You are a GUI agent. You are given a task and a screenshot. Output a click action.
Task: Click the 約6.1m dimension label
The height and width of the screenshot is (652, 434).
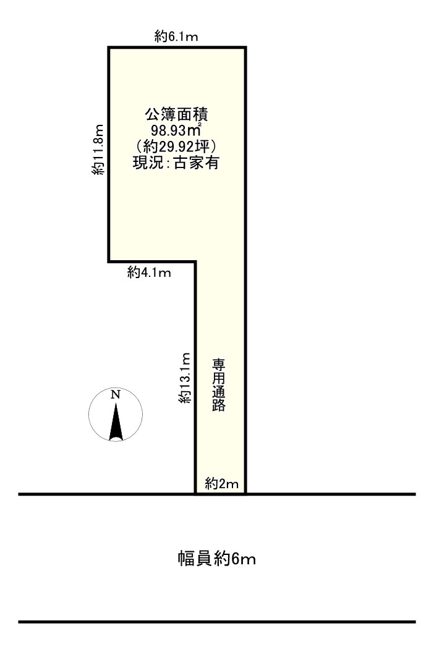click(x=176, y=36)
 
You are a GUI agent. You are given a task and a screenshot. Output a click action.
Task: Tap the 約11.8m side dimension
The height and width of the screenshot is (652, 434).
click(x=96, y=150)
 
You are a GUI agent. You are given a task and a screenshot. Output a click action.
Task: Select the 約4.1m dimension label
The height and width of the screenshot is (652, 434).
click(x=149, y=272)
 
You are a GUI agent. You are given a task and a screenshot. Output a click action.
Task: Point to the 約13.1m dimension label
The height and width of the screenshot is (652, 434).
click(x=184, y=378)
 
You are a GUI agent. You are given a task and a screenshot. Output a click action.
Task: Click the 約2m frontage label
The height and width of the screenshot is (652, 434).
click(x=221, y=484)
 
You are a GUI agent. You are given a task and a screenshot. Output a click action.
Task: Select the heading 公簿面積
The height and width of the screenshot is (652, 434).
click(x=177, y=115)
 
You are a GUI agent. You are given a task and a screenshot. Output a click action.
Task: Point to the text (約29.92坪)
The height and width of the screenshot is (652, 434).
click(x=177, y=147)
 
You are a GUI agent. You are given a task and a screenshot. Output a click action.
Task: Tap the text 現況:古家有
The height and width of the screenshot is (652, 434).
click(x=177, y=164)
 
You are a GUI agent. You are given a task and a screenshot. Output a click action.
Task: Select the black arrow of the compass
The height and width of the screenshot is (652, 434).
click(x=115, y=425)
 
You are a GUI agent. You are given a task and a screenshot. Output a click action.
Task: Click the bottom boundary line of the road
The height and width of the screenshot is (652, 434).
click(x=216, y=622)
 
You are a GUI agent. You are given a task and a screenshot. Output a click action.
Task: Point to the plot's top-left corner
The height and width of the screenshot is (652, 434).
click(x=109, y=48)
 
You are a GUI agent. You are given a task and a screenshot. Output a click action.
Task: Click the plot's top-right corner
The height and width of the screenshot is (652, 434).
click(x=246, y=48)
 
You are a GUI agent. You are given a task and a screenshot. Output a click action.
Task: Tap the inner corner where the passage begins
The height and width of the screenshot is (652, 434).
click(x=196, y=262)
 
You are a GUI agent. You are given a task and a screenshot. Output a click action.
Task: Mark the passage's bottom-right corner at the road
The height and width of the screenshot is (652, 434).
click(x=246, y=494)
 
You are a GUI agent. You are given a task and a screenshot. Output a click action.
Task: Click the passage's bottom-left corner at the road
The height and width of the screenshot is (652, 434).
click(x=196, y=494)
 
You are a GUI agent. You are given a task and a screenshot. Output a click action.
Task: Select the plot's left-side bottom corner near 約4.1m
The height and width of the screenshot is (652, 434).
click(x=109, y=262)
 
